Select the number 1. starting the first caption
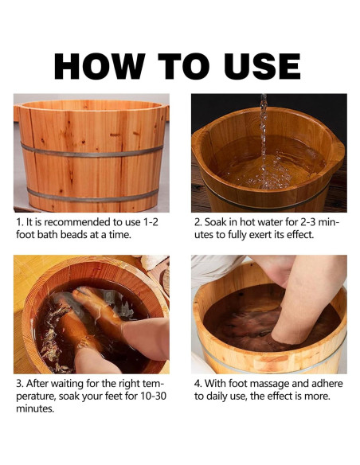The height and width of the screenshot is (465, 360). click(x=19, y=222)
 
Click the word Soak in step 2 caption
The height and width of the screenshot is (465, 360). click(x=217, y=222)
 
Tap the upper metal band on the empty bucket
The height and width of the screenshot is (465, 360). click(x=91, y=149)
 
